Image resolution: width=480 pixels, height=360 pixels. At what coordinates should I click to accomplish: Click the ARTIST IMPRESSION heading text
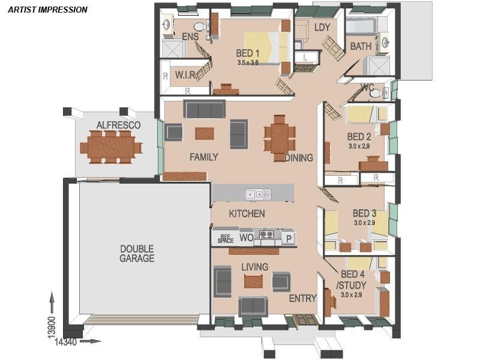(x=48, y=10)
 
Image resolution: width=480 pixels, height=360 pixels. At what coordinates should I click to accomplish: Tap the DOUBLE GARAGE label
(x=137, y=253)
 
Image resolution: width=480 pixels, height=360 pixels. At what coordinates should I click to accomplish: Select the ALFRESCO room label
(x=118, y=125)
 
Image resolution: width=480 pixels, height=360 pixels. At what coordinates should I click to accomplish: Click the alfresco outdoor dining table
(x=111, y=147)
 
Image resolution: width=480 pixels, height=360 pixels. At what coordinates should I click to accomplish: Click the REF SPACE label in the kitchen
(x=226, y=239)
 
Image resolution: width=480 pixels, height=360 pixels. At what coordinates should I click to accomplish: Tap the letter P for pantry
(x=289, y=238)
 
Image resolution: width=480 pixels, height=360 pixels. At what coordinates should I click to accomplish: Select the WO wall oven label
(x=247, y=238)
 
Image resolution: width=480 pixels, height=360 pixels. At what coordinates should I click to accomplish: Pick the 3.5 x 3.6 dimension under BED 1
(x=248, y=62)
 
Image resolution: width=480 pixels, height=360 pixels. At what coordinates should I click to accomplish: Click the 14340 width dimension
(x=66, y=341)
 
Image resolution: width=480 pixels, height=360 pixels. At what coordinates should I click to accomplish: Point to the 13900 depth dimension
(x=52, y=327)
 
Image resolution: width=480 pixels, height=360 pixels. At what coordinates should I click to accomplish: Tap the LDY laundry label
(x=322, y=27)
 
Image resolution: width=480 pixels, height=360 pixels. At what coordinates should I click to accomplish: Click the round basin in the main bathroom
(x=385, y=41)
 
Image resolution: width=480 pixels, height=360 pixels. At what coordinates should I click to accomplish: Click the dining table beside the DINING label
(x=280, y=138)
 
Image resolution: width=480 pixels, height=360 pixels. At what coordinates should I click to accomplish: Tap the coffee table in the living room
(x=253, y=281)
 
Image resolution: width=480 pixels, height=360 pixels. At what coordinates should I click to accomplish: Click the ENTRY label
(x=303, y=298)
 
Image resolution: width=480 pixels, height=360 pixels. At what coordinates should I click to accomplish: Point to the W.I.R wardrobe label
(x=185, y=74)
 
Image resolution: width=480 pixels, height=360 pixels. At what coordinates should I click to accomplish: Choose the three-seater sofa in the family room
(x=204, y=109)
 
